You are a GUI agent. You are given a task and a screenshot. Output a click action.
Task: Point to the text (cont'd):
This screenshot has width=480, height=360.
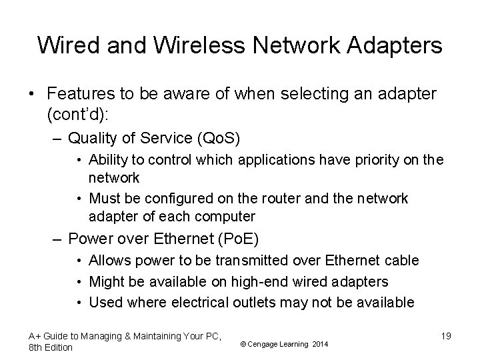(79, 115)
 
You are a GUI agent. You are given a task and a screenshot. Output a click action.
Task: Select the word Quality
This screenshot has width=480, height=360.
(94, 139)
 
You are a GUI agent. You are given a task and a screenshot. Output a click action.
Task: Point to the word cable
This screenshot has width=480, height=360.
(402, 261)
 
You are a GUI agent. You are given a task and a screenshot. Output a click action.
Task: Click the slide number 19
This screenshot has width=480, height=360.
(445, 336)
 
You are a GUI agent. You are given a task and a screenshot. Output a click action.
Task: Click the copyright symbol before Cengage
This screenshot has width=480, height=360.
(243, 343)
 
